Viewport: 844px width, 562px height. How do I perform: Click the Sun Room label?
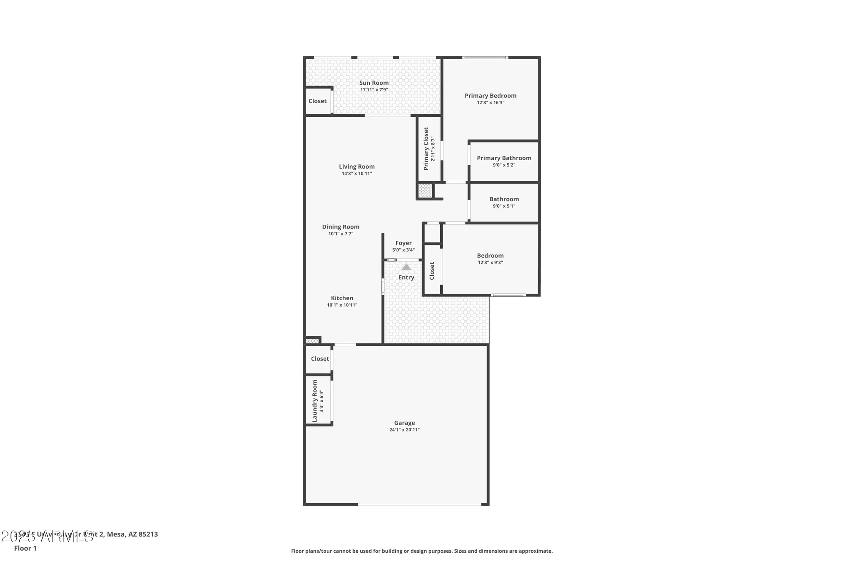[x=374, y=83]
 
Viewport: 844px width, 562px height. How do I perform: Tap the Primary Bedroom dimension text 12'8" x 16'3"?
[x=490, y=102]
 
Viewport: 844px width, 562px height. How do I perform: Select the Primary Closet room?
[x=429, y=148]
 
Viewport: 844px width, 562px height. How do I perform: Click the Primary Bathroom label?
[x=504, y=158]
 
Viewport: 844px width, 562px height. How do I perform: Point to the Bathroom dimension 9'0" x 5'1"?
[x=504, y=206]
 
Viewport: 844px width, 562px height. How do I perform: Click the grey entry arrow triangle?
[x=406, y=267]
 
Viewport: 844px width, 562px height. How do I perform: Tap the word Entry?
[x=406, y=277]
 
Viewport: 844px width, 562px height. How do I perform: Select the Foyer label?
[x=403, y=243]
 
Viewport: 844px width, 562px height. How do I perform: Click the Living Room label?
[x=357, y=167]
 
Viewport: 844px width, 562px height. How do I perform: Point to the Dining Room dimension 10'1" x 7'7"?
[x=341, y=234]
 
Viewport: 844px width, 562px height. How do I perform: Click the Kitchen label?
[x=342, y=298]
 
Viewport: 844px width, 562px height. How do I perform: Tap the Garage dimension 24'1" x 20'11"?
[x=404, y=430]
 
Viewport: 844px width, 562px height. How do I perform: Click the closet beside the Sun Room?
[x=317, y=101]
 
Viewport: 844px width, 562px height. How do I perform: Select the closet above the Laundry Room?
[x=319, y=359]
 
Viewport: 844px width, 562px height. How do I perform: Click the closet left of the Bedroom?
[x=432, y=271]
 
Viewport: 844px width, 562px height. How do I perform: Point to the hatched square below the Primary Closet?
[x=425, y=191]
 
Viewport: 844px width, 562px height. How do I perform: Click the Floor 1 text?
[x=25, y=548]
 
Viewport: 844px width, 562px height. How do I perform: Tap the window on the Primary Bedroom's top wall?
[x=485, y=57]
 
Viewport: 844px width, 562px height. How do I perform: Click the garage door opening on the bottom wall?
[x=419, y=504]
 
